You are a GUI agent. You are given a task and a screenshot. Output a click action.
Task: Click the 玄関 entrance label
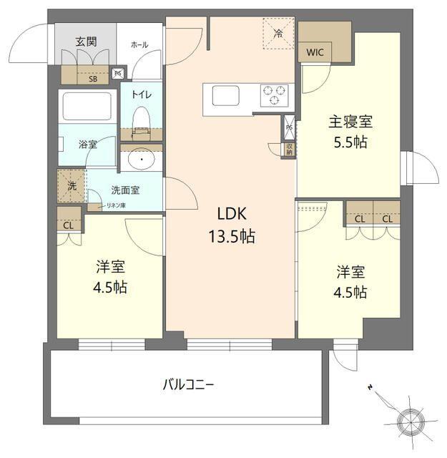[86, 42]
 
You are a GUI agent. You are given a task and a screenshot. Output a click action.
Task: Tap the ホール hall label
[139, 45]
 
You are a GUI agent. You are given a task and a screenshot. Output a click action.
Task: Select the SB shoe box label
[93, 79]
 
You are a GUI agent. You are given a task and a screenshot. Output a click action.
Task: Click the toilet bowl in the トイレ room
[142, 117]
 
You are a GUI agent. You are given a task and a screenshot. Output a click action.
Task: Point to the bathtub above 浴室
[87, 107]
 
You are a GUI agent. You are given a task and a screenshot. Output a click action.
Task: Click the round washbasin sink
[141, 160]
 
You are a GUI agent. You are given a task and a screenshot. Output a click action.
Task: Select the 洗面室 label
[125, 190]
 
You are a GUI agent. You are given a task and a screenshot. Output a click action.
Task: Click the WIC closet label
[315, 52]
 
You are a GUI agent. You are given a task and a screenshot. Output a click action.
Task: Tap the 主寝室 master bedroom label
[350, 122]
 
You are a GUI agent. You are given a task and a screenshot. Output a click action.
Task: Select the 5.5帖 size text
[350, 142]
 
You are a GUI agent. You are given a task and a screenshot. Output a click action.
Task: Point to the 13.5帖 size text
[232, 236]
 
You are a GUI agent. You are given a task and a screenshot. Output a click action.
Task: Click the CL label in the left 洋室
[68, 225]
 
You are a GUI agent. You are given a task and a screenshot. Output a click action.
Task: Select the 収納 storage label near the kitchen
[289, 149]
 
